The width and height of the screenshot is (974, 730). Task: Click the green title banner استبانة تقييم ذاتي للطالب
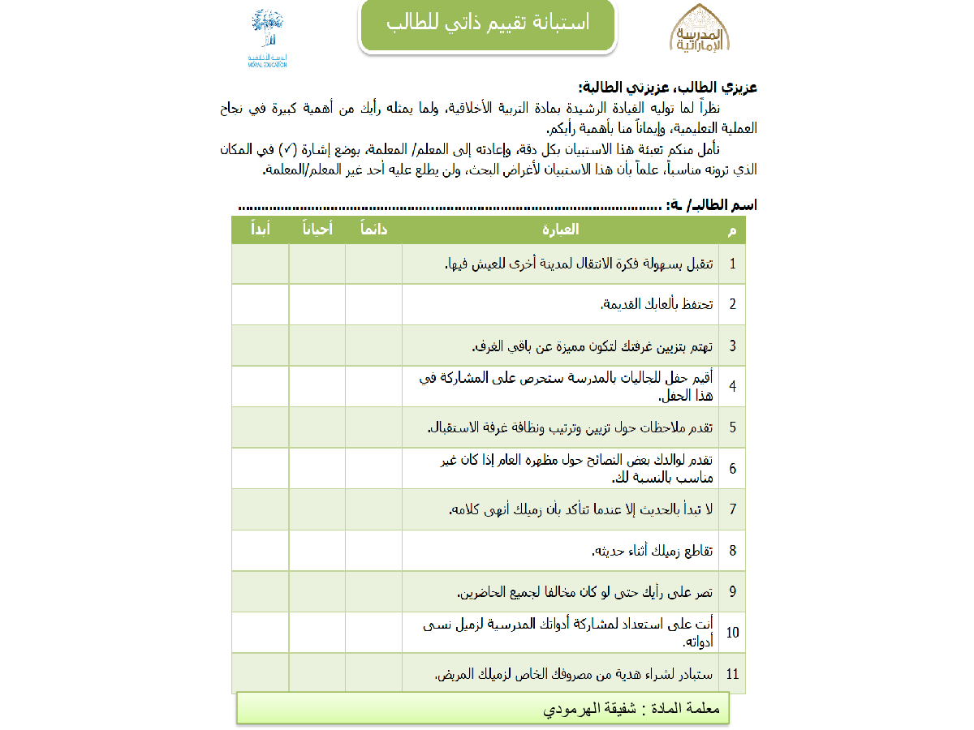(x=487, y=24)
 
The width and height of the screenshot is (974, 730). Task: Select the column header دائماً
(x=373, y=230)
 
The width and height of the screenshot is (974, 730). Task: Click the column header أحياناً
(x=317, y=230)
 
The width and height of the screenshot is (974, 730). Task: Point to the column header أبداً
(x=260, y=230)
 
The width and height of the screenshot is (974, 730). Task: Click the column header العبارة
(x=560, y=230)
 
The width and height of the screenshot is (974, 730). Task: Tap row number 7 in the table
(x=732, y=509)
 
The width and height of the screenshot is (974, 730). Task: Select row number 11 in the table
(x=732, y=673)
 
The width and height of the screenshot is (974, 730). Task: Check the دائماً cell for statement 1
(x=373, y=264)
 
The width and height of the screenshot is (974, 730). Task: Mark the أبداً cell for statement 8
(x=260, y=551)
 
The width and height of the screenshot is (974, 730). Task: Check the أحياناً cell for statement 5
(x=317, y=427)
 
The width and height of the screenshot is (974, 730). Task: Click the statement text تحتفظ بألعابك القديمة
(x=657, y=305)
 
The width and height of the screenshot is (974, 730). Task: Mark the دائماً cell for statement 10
(x=373, y=633)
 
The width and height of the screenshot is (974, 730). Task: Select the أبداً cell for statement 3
(x=260, y=346)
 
